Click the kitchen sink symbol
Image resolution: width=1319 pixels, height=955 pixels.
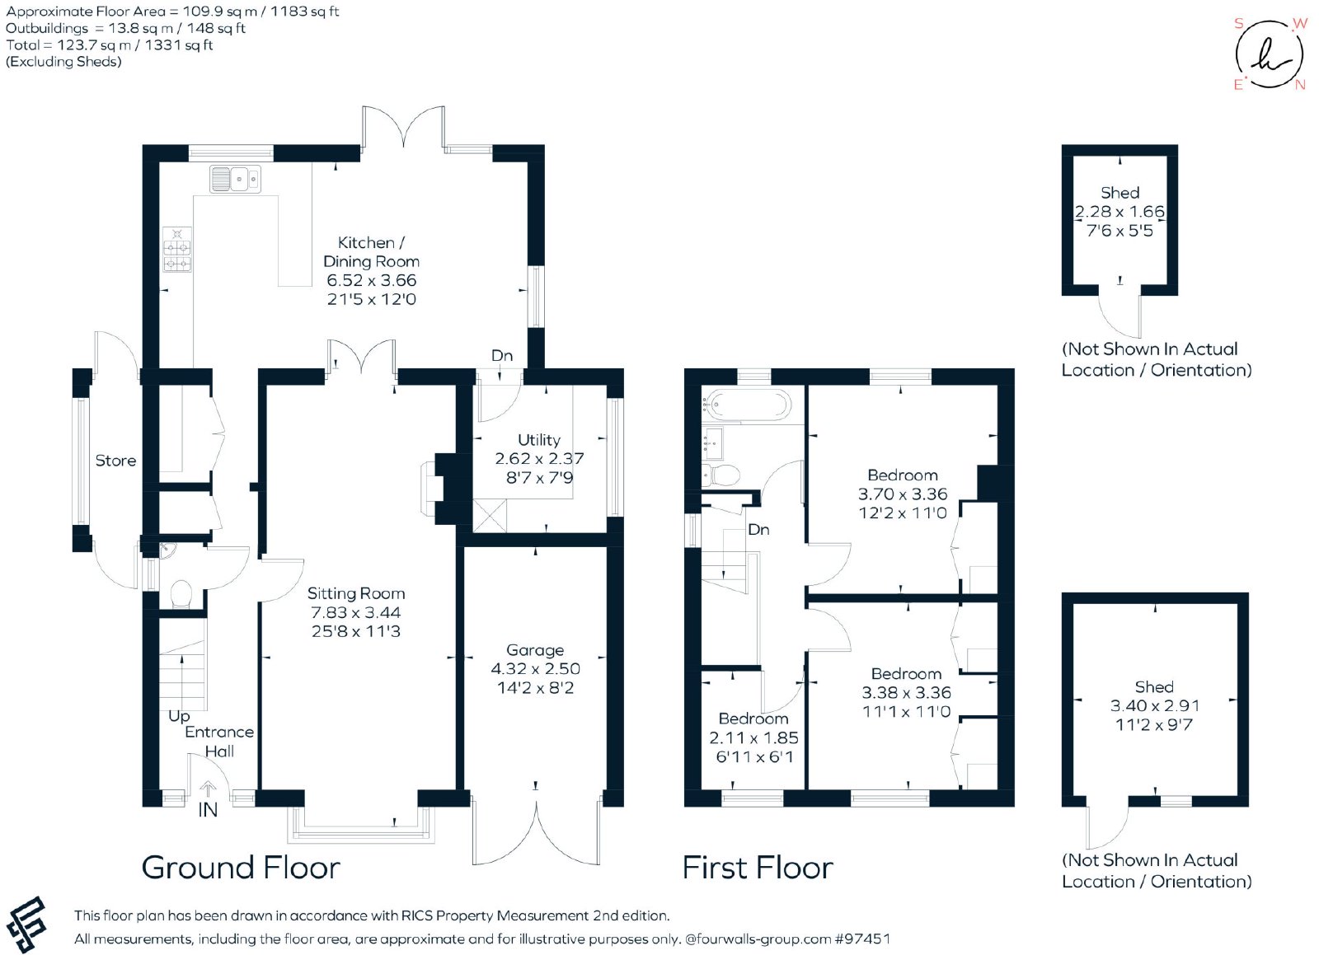pos(235,179)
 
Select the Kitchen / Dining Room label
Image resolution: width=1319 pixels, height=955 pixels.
pos(371,252)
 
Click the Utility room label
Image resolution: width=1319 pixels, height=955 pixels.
pos(539,439)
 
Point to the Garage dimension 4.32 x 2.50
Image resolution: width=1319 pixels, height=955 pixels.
pos(535,669)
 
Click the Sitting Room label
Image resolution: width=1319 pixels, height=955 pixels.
pos(356,594)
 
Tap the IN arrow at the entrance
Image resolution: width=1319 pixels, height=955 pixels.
pos(208,789)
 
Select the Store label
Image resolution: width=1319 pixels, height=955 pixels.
pos(115,461)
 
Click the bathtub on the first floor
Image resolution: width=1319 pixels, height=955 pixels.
pos(746,405)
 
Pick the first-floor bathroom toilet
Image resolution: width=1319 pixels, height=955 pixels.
pos(721,475)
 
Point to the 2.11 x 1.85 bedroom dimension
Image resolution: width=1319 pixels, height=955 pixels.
pos(753,737)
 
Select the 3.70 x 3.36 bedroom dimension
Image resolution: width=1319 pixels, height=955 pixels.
pos(903,494)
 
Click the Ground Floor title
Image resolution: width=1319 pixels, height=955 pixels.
pos(241,868)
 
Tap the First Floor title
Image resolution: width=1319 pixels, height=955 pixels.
pos(758,868)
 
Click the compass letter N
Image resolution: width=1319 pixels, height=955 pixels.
pos(1300,85)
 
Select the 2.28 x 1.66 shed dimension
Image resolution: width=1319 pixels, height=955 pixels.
pos(1120,212)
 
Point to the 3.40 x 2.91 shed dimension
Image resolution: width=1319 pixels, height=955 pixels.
pos(1155,705)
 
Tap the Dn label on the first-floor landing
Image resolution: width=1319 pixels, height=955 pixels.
pos(758,530)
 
